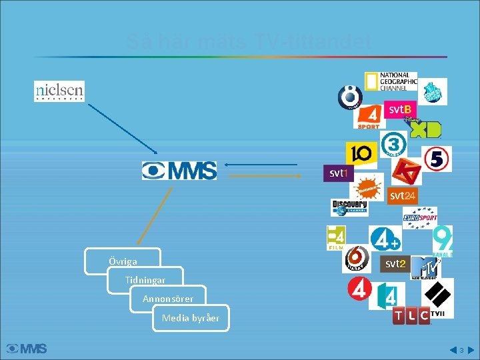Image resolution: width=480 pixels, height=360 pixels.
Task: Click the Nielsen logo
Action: click(x=59, y=91)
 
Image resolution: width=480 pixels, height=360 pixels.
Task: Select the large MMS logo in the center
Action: click(x=179, y=171)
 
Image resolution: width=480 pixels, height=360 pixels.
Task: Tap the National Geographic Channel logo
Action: click(x=391, y=81)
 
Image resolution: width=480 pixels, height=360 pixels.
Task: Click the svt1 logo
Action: click(x=339, y=173)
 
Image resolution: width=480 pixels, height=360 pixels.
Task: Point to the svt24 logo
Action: click(x=403, y=195)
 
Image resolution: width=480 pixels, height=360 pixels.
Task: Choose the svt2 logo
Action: click(x=395, y=263)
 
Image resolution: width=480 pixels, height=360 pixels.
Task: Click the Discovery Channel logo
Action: click(x=349, y=207)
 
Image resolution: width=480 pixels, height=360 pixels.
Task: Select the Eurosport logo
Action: click(x=420, y=217)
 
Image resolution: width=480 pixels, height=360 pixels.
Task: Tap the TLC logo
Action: click(x=411, y=316)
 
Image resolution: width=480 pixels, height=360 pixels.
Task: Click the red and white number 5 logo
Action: click(x=437, y=159)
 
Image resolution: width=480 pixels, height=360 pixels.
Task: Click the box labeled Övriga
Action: click(x=123, y=261)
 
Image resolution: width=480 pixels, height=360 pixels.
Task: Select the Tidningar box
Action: click(x=145, y=280)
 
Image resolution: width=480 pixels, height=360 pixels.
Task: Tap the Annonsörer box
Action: click(x=168, y=299)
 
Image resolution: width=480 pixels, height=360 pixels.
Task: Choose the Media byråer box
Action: click(x=191, y=318)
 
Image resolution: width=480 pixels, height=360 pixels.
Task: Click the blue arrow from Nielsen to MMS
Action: click(x=123, y=128)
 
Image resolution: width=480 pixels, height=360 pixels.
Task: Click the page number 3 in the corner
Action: click(x=461, y=349)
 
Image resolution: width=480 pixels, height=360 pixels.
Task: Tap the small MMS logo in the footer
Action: click(x=27, y=349)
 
